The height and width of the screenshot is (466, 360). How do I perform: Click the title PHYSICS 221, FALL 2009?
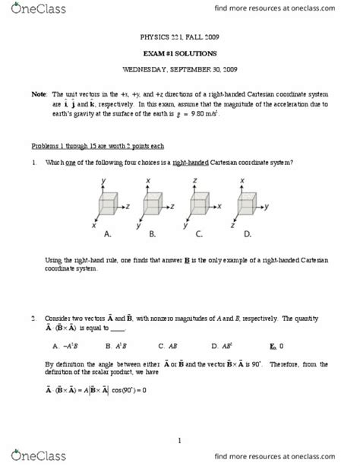180,36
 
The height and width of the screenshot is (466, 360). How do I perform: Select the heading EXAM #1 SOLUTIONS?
180,53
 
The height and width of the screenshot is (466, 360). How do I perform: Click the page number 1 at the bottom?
180,439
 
